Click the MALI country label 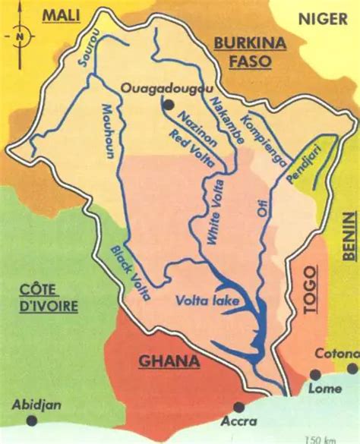[x=62, y=15]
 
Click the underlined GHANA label [x=169, y=361]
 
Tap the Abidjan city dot [x=31, y=420]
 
